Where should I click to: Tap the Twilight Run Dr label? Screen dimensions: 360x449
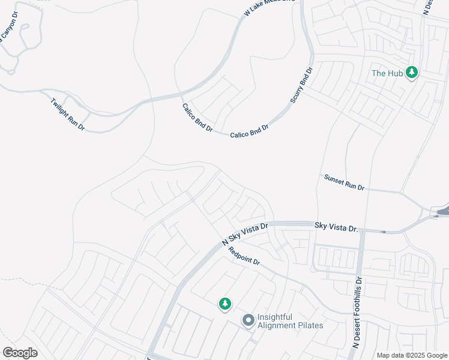(x=67, y=114)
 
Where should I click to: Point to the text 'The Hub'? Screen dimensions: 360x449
(x=387, y=73)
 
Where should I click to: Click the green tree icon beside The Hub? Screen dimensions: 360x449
(x=411, y=73)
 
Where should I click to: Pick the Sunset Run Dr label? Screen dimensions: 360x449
(x=344, y=182)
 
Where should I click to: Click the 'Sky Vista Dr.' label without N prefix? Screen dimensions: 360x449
(x=336, y=226)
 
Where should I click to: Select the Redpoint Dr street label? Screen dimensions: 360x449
(x=244, y=256)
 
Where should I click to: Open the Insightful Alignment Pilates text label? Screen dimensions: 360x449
(x=290, y=321)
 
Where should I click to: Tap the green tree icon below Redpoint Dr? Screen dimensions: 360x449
(x=225, y=304)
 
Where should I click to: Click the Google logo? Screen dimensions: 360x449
(x=20, y=352)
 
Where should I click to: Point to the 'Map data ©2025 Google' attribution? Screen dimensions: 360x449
(x=412, y=355)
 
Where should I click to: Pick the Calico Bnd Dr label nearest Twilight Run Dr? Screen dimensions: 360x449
(x=197, y=117)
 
